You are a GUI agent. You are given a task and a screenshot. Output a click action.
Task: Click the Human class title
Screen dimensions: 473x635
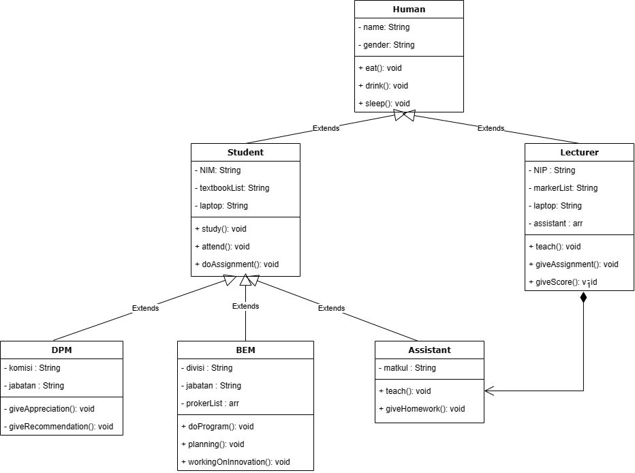(409, 10)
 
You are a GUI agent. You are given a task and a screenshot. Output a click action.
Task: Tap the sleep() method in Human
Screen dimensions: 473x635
(384, 104)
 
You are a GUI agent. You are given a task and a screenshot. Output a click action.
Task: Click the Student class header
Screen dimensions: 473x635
(245, 153)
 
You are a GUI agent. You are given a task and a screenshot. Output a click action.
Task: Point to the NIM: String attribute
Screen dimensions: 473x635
(217, 170)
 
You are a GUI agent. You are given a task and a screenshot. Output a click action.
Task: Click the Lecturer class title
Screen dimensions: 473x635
(579, 153)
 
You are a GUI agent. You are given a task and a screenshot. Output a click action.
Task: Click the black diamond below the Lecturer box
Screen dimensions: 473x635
(583, 298)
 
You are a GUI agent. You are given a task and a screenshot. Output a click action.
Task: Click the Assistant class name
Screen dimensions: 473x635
(429, 350)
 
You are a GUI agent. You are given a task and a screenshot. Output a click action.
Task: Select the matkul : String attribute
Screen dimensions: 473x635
(407, 368)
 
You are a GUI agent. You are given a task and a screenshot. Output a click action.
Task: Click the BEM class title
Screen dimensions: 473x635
(245, 350)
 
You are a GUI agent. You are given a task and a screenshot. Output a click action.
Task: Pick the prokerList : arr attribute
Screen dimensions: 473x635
(210, 403)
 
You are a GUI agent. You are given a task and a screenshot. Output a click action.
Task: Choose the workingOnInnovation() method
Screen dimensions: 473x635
(235, 462)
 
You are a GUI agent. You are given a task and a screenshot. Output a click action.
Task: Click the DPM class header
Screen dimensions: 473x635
(61, 350)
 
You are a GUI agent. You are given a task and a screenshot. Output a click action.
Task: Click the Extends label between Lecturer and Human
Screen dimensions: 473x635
(491, 128)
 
